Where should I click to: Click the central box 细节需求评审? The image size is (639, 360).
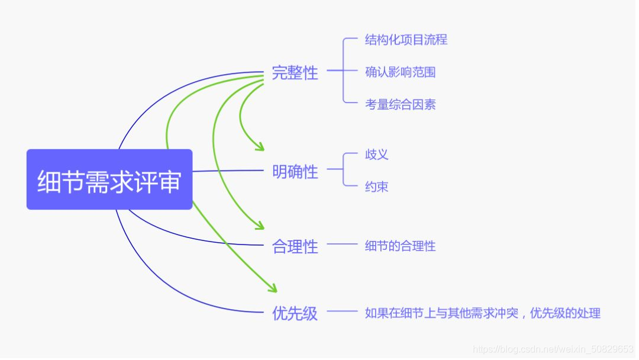click(109, 179)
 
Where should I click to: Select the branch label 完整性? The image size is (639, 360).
click(295, 73)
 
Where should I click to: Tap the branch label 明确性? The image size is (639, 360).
click(295, 172)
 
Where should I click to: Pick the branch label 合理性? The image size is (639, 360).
click(295, 246)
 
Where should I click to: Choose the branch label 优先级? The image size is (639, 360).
click(295, 313)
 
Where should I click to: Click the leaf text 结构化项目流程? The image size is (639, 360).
click(406, 40)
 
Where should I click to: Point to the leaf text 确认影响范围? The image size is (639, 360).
click(400, 72)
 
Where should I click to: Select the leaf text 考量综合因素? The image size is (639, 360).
click(400, 105)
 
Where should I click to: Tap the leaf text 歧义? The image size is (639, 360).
click(376, 155)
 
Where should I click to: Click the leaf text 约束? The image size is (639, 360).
click(376, 187)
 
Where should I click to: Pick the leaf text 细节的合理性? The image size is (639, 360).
click(400, 246)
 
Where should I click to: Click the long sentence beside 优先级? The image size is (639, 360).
click(482, 313)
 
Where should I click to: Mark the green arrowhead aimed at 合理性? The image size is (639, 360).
click(259, 226)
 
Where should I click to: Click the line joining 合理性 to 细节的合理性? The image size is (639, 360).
click(342, 244)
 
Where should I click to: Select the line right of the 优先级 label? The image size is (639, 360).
click(342, 311)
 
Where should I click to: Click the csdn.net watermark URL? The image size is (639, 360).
click(553, 349)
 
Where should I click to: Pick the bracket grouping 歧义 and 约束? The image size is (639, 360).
click(344, 171)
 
